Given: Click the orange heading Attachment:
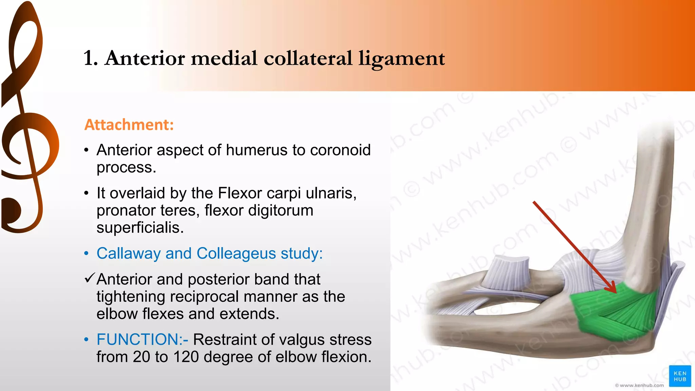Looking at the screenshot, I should [x=129, y=125].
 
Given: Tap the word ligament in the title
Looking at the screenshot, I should [x=401, y=58].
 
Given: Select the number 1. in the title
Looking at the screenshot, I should [x=91, y=58].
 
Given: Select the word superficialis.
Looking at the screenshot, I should [x=140, y=228].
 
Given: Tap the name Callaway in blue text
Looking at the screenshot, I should [x=129, y=254].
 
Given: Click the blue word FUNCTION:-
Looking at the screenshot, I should [x=142, y=340].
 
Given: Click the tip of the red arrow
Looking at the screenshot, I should [x=616, y=292].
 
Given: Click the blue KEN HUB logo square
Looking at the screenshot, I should [x=680, y=376].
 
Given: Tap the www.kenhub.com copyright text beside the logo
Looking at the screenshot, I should [x=639, y=385].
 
